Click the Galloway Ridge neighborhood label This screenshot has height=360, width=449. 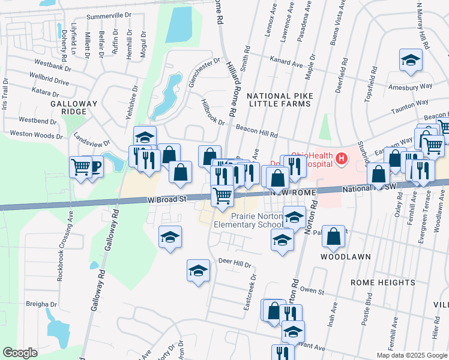point(74,107)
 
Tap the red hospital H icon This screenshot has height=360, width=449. point(341,158)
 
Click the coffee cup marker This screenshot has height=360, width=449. point(94,167)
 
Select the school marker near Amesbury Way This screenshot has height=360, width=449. point(411,61)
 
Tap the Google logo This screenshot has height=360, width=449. point(20,353)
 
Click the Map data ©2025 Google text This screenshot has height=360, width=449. point(412,355)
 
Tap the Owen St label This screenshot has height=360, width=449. point(312,291)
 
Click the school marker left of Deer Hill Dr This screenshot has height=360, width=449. point(197,271)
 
